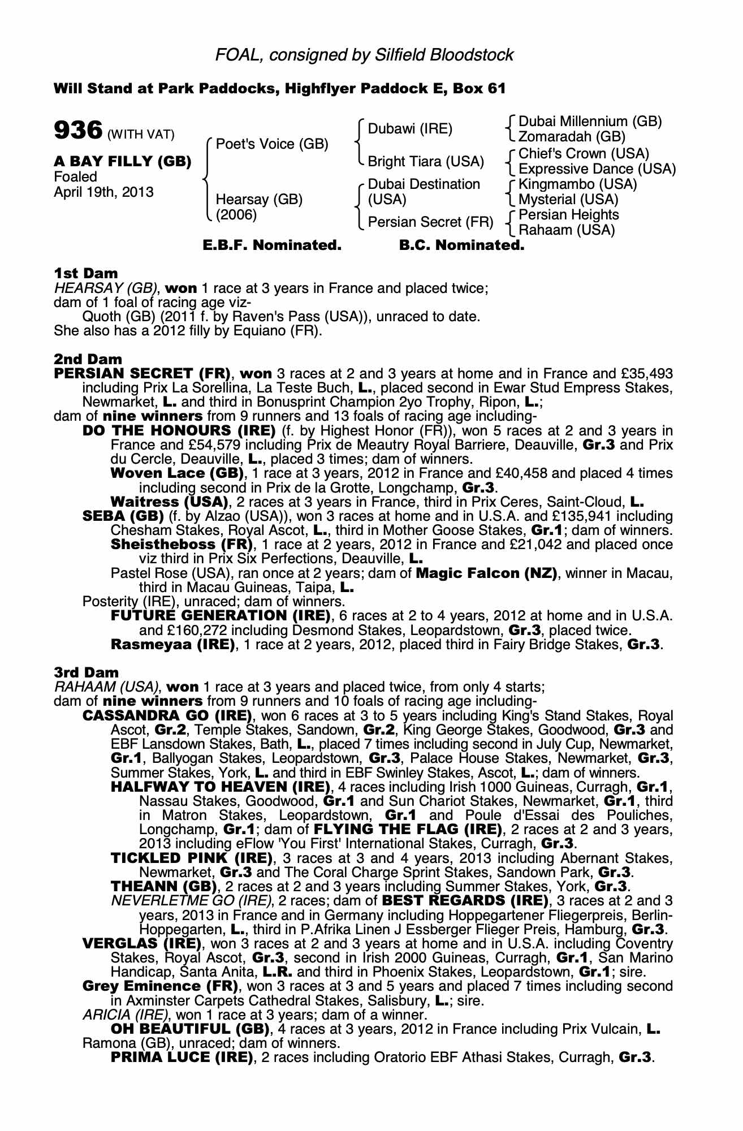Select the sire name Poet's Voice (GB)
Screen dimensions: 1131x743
click(x=272, y=144)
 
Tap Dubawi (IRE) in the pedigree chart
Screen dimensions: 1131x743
click(x=410, y=129)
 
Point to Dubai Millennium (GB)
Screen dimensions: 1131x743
click(x=590, y=122)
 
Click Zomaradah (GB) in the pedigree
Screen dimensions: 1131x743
click(x=572, y=137)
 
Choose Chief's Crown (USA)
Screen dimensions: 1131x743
click(x=584, y=154)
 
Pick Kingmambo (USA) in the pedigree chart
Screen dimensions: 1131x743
click(x=577, y=184)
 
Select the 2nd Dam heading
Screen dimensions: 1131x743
click(x=88, y=359)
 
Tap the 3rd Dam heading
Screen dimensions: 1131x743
click(x=87, y=672)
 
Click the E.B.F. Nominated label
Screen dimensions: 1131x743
click(x=272, y=245)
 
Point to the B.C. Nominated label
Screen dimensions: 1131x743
click(x=461, y=245)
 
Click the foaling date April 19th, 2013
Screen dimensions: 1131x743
click(x=103, y=192)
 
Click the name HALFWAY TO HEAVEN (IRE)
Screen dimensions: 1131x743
click(x=220, y=787)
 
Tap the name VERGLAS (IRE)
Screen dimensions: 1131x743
click(x=142, y=944)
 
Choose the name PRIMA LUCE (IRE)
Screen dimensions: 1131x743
click(x=182, y=1057)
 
